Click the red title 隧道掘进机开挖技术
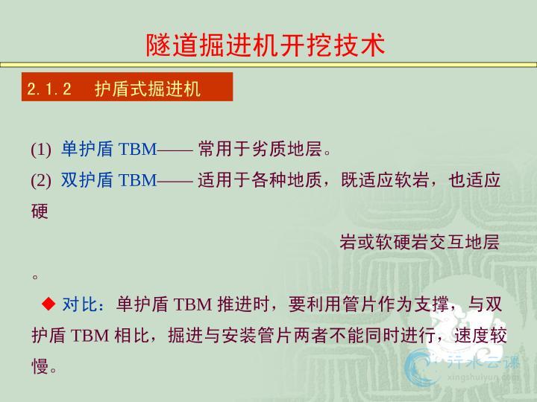click(266, 45)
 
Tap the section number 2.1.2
click(49, 89)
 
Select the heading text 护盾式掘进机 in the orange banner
click(148, 89)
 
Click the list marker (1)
click(41, 150)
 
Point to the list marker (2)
click(41, 180)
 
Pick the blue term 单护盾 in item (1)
click(87, 149)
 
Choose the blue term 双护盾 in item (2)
click(87, 179)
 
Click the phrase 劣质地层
click(286, 149)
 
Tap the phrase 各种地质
click(286, 179)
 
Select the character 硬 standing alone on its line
click(40, 211)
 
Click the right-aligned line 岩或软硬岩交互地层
click(419, 242)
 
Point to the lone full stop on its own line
click(35, 276)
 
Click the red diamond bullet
click(48, 303)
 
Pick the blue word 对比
click(80, 304)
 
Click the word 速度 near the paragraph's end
click(471, 335)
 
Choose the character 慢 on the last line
click(40, 366)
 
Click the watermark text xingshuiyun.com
click(483, 377)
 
